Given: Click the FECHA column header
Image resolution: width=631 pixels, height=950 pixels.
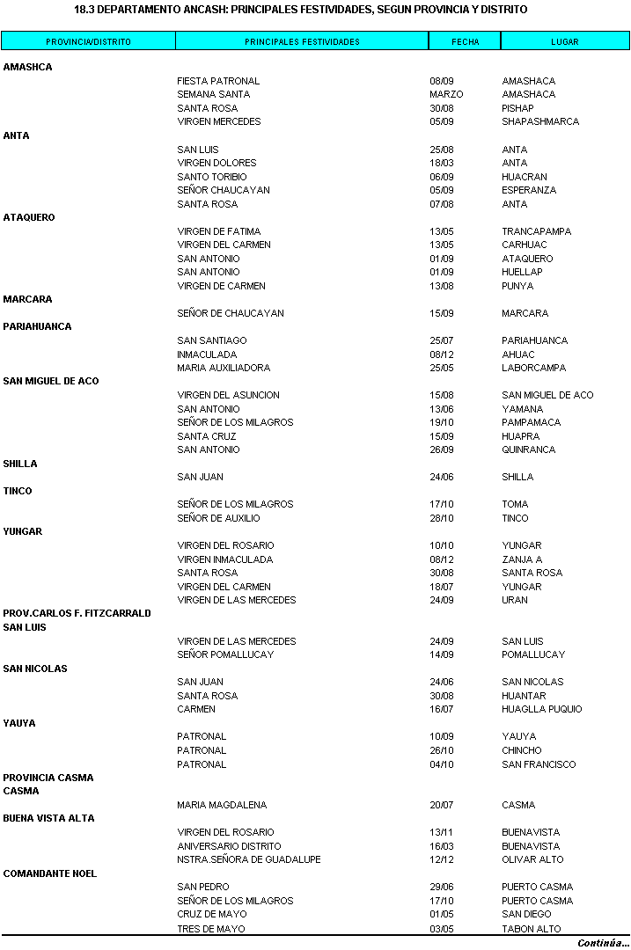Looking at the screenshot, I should click(465, 41).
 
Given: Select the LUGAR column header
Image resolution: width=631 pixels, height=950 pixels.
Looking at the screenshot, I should click(565, 41).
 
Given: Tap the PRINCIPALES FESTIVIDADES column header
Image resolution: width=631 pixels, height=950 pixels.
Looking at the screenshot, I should click(302, 41).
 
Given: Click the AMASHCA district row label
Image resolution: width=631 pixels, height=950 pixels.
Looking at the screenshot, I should click(28, 67).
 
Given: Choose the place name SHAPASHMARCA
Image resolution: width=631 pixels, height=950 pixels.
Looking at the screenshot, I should click(540, 121).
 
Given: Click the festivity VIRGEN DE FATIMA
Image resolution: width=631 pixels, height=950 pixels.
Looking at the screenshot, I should click(218, 231).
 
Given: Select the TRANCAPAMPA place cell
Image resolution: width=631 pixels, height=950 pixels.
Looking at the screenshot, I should click(536, 231).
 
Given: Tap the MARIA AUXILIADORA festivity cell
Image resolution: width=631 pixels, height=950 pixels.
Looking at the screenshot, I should click(224, 368).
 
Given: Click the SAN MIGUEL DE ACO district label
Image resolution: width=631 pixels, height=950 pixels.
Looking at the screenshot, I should click(51, 381).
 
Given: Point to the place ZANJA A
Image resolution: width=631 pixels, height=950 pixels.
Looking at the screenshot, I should click(522, 559).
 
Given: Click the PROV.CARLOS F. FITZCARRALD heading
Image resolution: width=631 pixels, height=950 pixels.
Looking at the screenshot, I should click(77, 613).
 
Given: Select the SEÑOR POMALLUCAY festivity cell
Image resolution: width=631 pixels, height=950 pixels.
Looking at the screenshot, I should click(225, 654).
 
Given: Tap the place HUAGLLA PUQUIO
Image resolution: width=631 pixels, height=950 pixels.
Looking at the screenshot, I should click(542, 709).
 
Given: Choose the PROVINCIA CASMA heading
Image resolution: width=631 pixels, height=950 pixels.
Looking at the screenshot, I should click(48, 778).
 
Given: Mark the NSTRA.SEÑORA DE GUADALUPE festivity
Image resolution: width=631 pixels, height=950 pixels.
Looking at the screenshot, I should click(248, 859).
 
